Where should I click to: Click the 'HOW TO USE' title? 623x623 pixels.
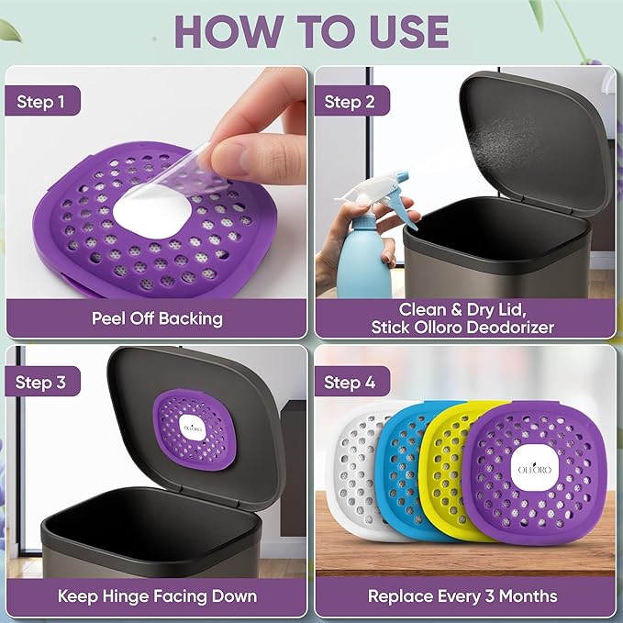tap(312, 32)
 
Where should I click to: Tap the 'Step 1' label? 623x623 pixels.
tap(40, 102)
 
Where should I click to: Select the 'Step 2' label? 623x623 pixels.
tap(350, 102)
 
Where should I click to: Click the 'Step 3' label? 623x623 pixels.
tap(40, 382)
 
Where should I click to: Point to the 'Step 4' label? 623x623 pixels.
tap(350, 382)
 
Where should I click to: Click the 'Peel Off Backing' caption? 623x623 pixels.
tap(157, 318)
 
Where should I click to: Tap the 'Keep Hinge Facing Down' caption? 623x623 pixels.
tap(157, 596)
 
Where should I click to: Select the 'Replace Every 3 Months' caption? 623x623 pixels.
tap(462, 596)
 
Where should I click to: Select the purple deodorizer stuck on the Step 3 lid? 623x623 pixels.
tap(195, 430)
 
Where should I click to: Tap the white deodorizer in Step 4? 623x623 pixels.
tap(351, 469)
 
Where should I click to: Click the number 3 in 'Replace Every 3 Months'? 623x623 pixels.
tap(490, 596)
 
